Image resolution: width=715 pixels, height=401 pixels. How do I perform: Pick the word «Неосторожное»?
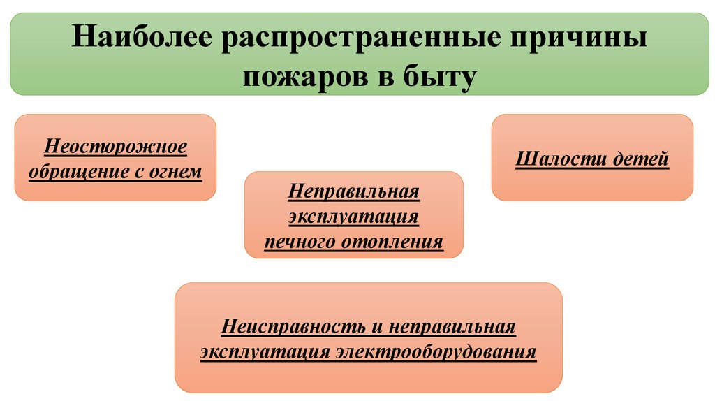[115, 147]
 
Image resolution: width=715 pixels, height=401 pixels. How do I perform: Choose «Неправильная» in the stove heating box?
[353, 191]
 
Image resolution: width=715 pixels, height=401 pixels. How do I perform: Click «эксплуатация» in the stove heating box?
[353, 217]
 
